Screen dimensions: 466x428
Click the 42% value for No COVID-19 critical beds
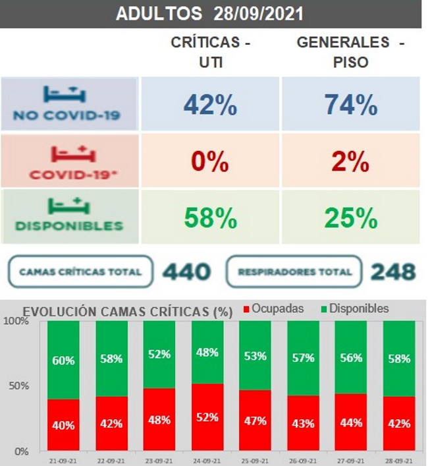[210, 105]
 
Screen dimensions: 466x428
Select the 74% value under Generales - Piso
[350, 105]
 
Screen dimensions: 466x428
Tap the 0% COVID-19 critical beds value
[210, 161]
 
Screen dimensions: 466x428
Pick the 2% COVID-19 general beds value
[350, 161]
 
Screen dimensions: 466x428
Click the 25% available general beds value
[350, 217]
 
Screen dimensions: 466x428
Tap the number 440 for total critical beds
[186, 272]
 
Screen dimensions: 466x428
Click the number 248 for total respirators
[393, 272]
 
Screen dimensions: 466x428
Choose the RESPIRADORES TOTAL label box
[294, 272]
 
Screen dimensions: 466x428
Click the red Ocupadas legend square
[247, 309]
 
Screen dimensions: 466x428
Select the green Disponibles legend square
[323, 309]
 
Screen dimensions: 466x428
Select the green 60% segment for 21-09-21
[64, 360]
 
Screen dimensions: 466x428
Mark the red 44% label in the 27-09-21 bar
[351, 422]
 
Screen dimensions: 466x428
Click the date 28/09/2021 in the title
[259, 14]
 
